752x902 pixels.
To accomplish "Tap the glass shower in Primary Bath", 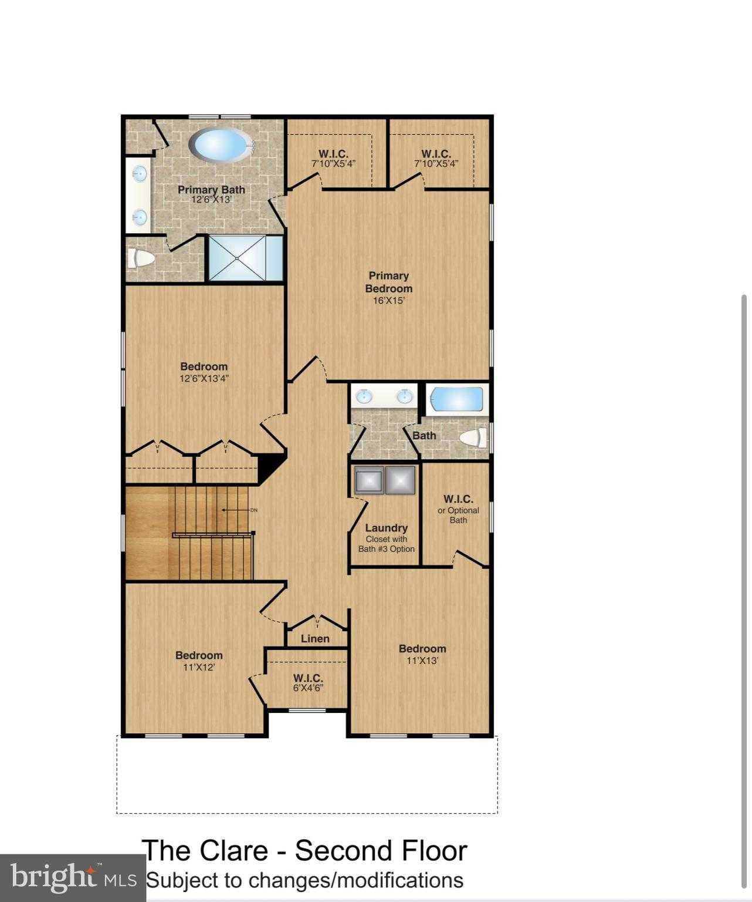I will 238,258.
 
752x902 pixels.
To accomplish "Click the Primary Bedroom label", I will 388,282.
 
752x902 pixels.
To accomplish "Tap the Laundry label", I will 386,528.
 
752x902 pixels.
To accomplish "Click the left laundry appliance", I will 369,480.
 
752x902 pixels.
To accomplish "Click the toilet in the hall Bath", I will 473,437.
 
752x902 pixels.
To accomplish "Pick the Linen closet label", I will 315,638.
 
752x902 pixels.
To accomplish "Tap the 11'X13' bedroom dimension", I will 422,661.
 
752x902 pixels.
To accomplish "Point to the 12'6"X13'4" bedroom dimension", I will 204,379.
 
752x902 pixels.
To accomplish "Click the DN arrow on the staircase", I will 238,510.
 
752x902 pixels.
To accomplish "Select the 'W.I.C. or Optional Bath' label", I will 458,509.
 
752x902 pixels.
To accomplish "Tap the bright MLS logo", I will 73,878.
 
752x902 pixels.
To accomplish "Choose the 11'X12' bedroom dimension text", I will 199,668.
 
